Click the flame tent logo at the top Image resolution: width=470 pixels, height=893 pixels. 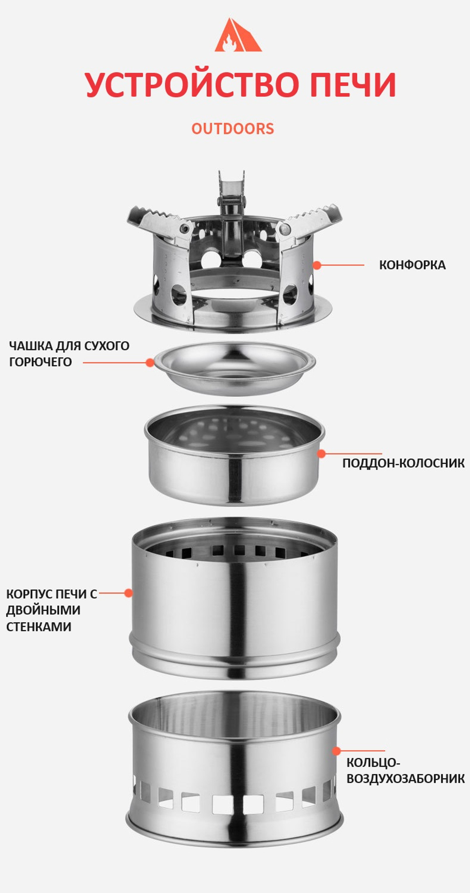[238, 35]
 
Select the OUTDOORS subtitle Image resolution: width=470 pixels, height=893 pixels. [233, 129]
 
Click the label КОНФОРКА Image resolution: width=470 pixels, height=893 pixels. [412, 265]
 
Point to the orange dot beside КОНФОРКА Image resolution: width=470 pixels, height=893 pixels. [317, 265]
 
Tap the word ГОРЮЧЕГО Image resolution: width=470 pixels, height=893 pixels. [40, 362]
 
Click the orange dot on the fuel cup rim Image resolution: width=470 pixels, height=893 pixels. [150, 363]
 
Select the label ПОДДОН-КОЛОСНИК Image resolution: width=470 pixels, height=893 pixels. [403, 463]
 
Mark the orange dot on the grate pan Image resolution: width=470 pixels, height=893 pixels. [321, 454]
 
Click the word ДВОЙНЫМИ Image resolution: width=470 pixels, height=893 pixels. [43, 610]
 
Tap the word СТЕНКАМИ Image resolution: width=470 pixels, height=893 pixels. [39, 627]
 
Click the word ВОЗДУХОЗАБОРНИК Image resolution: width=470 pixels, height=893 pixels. [406, 779]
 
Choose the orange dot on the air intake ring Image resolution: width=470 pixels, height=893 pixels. [337, 751]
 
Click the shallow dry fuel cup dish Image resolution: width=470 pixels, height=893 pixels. [235, 368]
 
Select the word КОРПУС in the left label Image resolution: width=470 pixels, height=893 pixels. [27, 594]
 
